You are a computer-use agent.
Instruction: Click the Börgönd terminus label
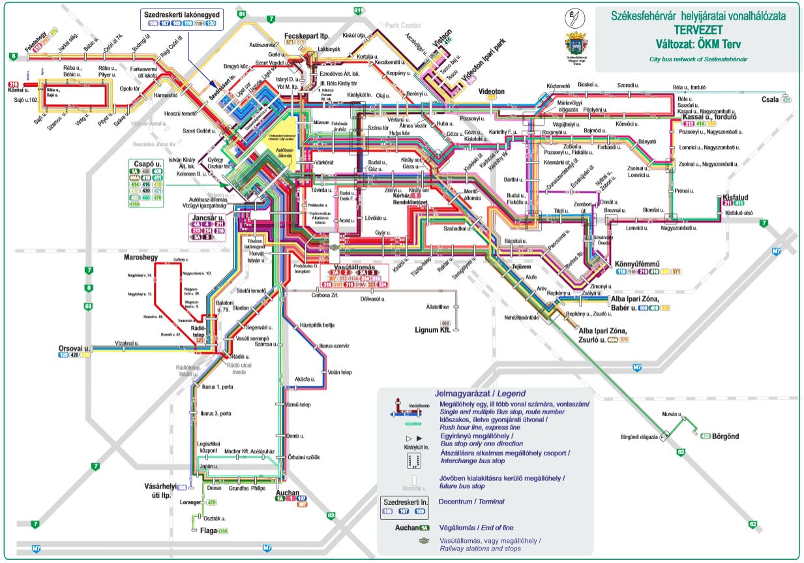coord(727,435)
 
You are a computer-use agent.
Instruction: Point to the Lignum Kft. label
coord(433,330)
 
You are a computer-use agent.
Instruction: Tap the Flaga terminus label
coord(207,530)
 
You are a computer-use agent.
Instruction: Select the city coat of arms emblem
coord(576,45)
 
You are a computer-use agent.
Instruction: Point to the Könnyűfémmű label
coord(640,264)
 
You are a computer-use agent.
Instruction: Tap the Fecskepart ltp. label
coord(305,35)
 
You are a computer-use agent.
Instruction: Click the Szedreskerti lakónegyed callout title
coord(181,14)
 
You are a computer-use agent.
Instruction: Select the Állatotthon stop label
coord(436,306)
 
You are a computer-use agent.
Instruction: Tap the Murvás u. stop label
coord(672,414)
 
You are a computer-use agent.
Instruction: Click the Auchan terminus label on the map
coord(287,493)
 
